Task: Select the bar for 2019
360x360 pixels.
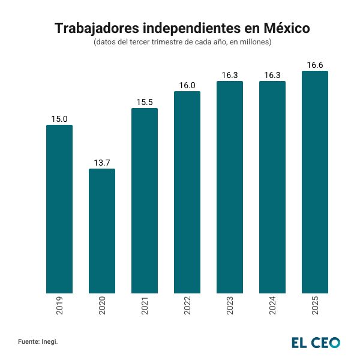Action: click(59, 209)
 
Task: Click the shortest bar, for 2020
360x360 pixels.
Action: click(102, 231)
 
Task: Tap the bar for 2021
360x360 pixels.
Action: click(144, 201)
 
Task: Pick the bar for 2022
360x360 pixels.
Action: click(187, 193)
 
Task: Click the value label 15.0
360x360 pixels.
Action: click(59, 119)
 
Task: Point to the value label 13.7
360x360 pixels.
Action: click(102, 163)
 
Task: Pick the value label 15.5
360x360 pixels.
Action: click(144, 102)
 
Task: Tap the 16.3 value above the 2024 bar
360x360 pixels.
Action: click(272, 75)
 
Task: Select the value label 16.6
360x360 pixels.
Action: click(314, 65)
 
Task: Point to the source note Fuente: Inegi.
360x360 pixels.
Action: click(38, 342)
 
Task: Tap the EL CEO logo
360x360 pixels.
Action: click(316, 343)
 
